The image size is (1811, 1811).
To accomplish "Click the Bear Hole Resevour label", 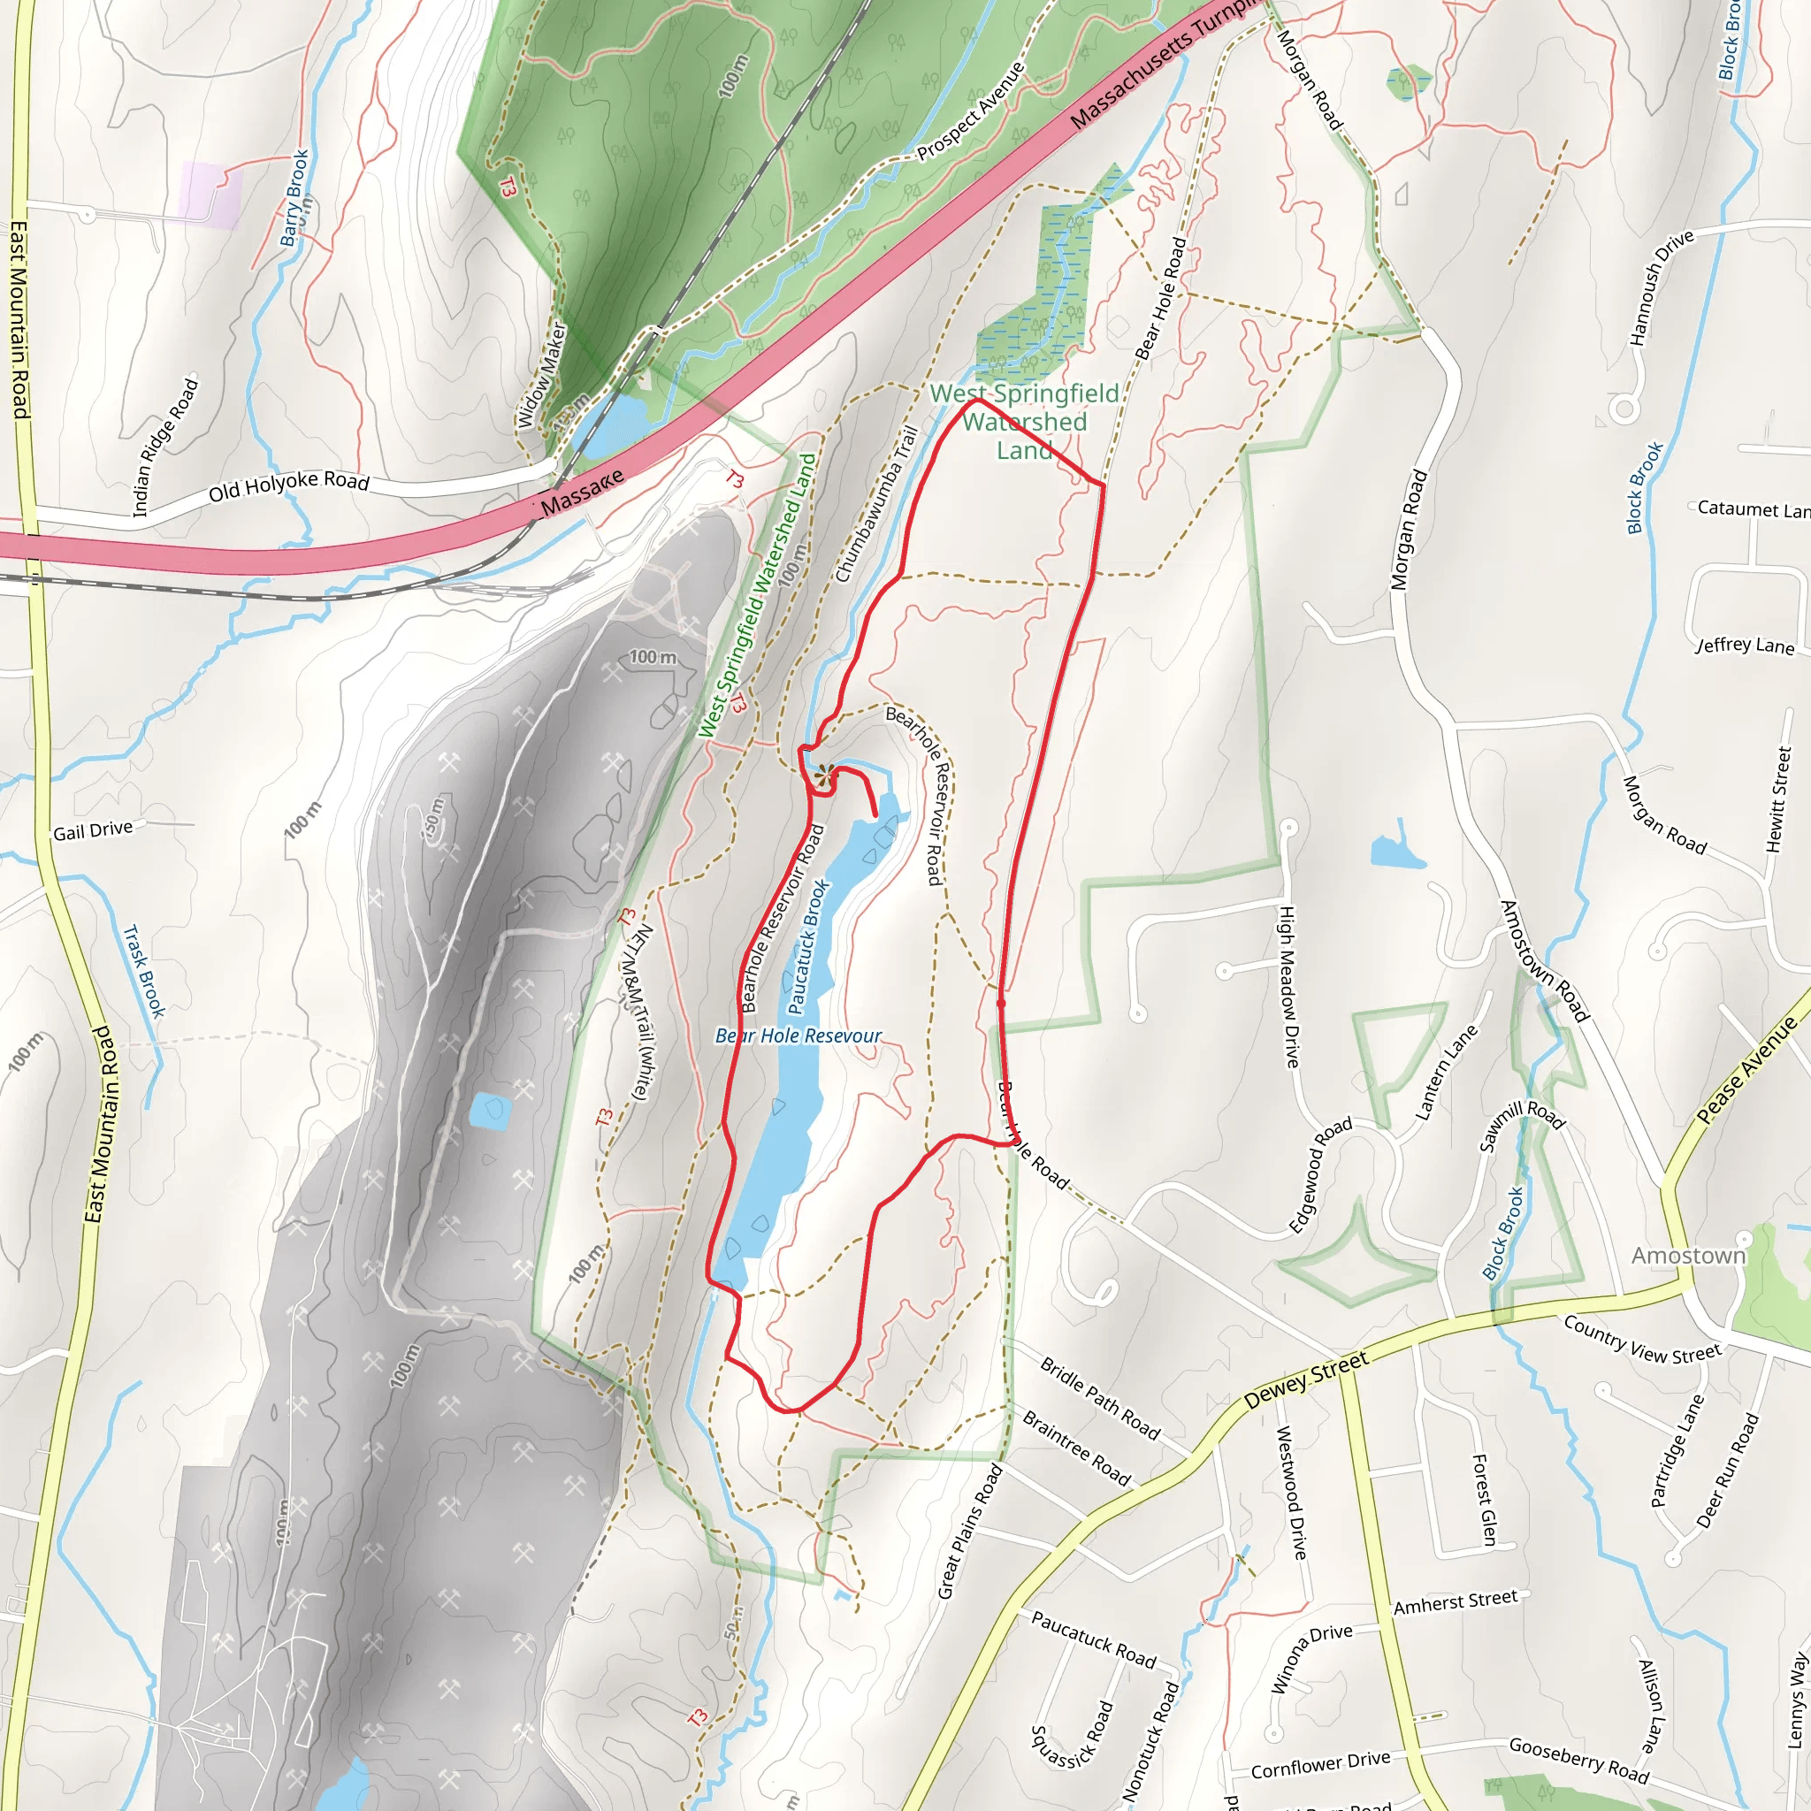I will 798,1035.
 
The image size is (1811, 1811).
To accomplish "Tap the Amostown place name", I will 1688,1255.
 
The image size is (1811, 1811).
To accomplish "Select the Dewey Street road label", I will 1307,1379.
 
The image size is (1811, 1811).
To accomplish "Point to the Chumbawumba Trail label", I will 875,504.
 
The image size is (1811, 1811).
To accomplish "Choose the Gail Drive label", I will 93,830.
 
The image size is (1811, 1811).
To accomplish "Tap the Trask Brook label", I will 144,971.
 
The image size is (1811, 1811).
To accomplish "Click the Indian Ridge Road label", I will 166,447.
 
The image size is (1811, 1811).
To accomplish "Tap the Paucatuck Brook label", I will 808,946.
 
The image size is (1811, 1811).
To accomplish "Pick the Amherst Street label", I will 1455,1602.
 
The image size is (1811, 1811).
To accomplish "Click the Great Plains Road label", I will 970,1532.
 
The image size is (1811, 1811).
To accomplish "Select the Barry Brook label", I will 294,198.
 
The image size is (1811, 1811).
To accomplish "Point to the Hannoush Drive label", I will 1661,287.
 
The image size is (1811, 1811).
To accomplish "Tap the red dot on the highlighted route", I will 1001,1003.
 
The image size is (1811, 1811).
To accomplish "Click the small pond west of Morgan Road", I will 1396,852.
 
